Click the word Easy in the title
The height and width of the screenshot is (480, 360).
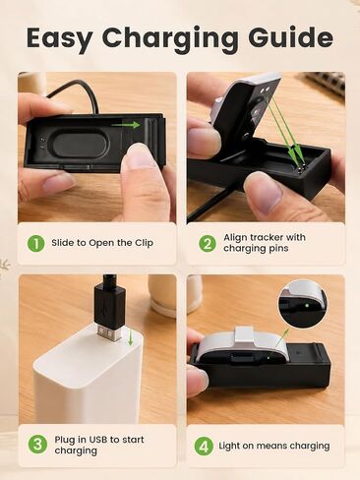[x=59, y=38]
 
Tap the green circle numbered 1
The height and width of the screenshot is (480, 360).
[x=35, y=244]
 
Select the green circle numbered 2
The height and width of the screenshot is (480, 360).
[x=208, y=244]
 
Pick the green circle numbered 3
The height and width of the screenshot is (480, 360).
[x=37, y=445]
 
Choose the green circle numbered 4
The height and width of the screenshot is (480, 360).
[x=204, y=447]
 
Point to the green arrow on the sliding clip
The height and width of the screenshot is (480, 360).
[x=126, y=125]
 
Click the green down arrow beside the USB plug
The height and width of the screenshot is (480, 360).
[x=131, y=337]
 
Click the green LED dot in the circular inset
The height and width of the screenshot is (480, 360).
[x=307, y=306]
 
